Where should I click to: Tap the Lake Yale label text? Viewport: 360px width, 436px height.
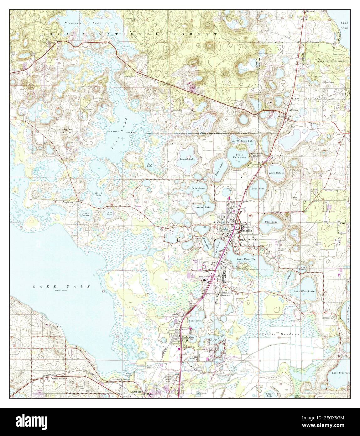pos(62,286)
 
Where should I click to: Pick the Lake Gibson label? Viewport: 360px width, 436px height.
pos(277,173)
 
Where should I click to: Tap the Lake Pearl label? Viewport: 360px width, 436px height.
pos(259,189)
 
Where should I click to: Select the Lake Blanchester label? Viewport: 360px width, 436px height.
pos(305,291)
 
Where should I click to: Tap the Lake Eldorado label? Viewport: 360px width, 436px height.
pos(340,372)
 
